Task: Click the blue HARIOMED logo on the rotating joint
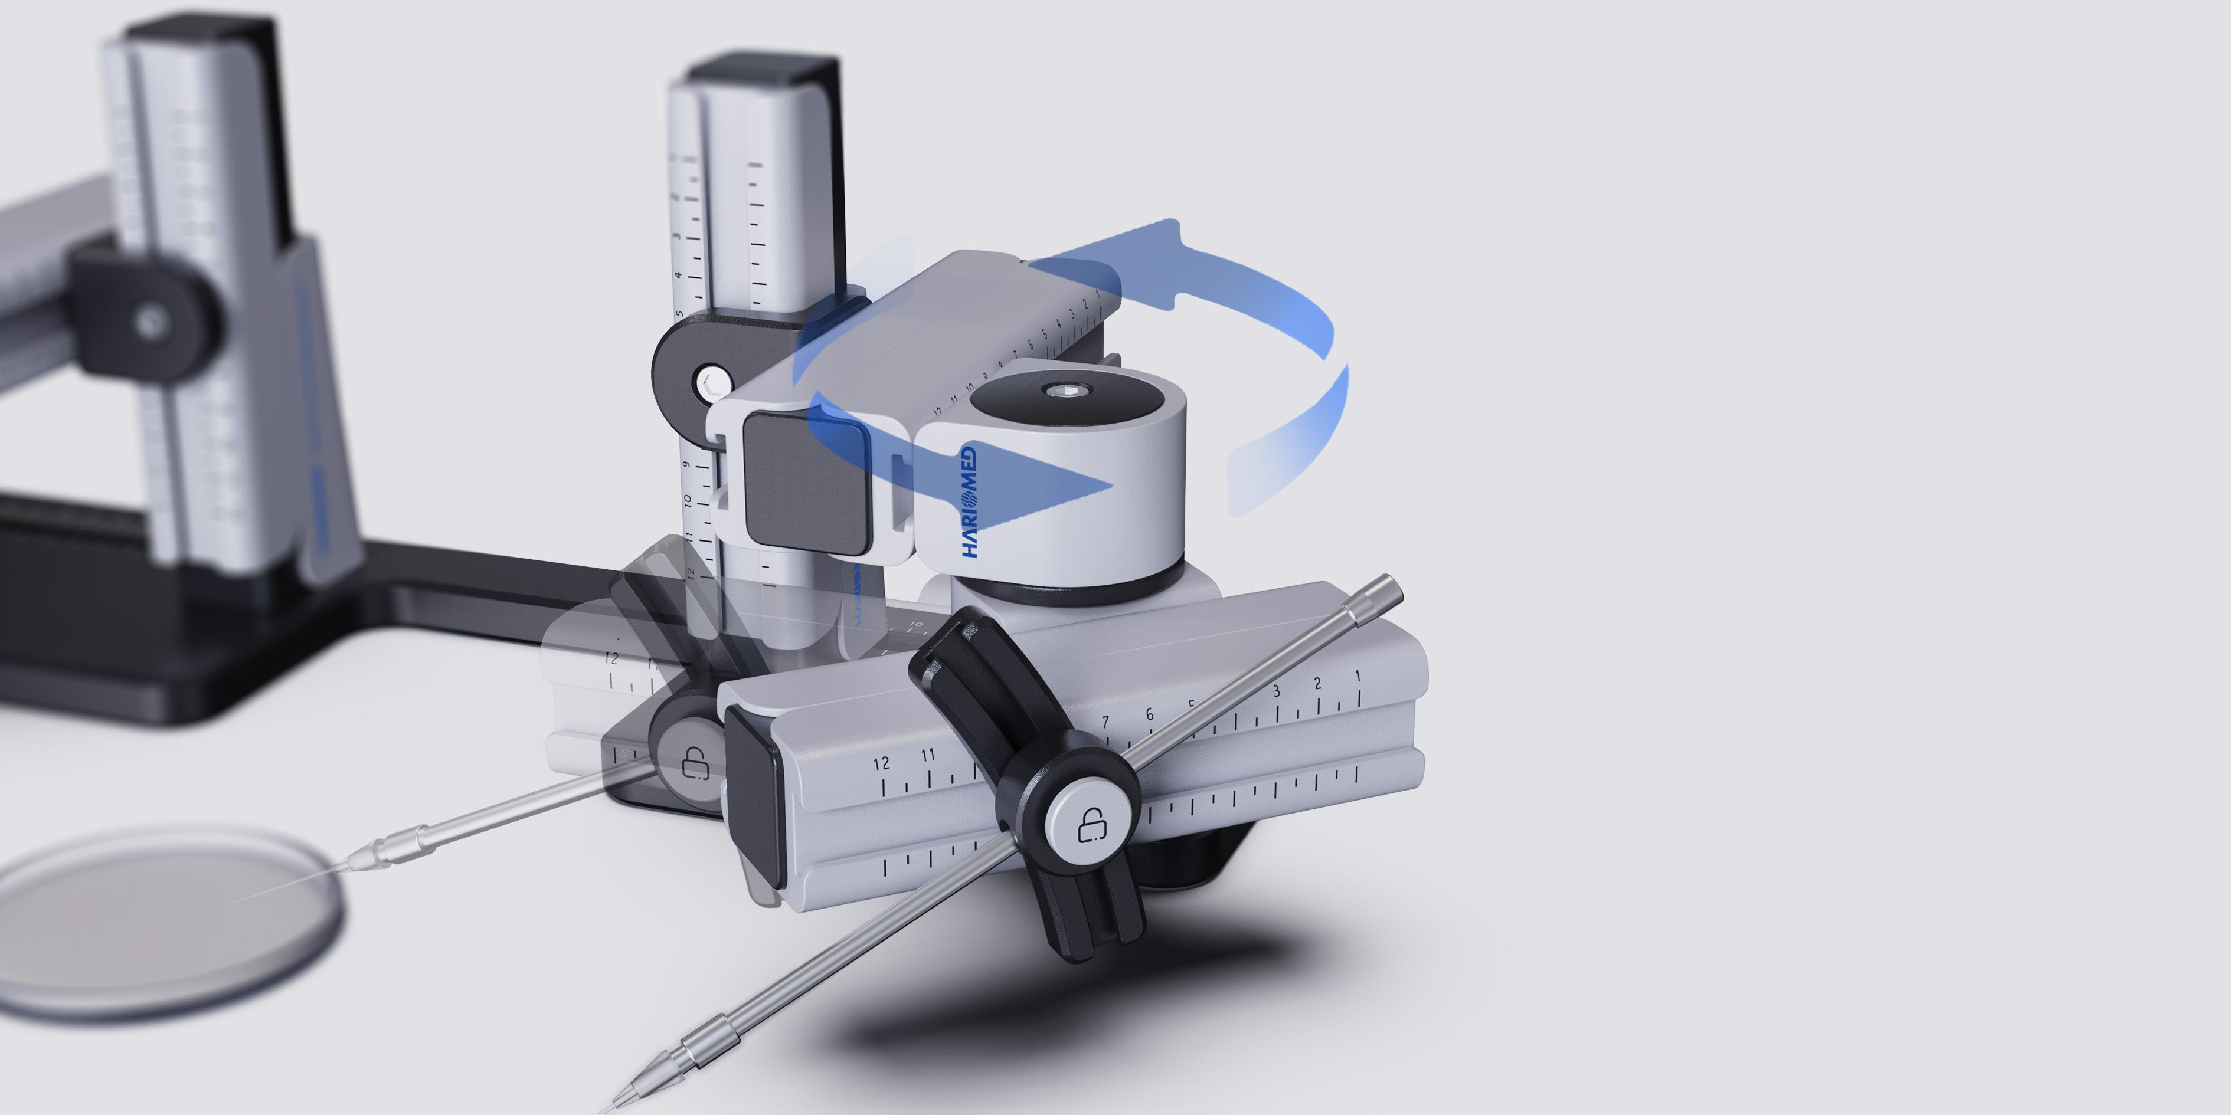tap(969, 502)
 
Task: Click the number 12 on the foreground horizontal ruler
tap(881, 763)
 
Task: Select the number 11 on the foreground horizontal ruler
tap(928, 755)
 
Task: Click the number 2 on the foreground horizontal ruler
tap(1317, 684)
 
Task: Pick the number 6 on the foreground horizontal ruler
tap(1149, 715)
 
